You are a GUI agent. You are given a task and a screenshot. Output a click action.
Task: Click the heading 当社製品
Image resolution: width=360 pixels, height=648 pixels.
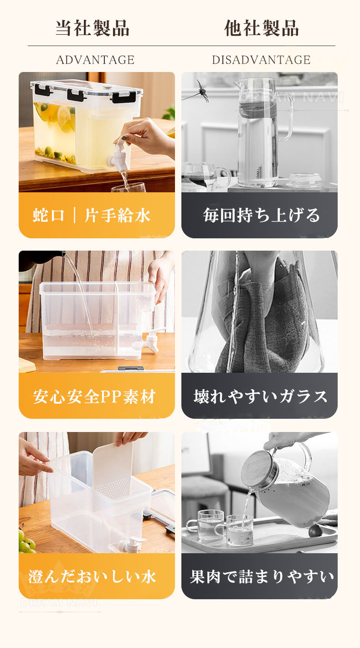93,28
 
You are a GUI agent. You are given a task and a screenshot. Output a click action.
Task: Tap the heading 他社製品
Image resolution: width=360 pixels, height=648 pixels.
261,28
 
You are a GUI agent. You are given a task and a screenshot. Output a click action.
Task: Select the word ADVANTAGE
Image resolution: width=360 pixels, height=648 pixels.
95,60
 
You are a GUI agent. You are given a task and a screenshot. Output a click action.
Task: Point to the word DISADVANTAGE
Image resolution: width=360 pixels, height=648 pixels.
261,60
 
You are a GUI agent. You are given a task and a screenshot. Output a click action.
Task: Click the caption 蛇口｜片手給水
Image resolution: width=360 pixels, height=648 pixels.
92,215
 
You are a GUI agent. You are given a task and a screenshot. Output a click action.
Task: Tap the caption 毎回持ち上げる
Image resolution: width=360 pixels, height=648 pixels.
261,215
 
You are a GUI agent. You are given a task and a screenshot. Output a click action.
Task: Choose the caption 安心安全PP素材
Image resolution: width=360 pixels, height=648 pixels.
94,396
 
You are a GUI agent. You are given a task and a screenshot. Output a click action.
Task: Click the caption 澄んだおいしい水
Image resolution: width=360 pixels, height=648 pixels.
93,576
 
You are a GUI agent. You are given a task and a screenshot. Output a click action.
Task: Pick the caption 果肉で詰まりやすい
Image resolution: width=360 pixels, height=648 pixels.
262,576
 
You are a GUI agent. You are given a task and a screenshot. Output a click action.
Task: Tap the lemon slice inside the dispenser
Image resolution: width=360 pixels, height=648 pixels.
66,118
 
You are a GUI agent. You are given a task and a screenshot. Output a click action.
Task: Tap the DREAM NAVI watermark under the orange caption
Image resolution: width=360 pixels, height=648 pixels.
59,603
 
